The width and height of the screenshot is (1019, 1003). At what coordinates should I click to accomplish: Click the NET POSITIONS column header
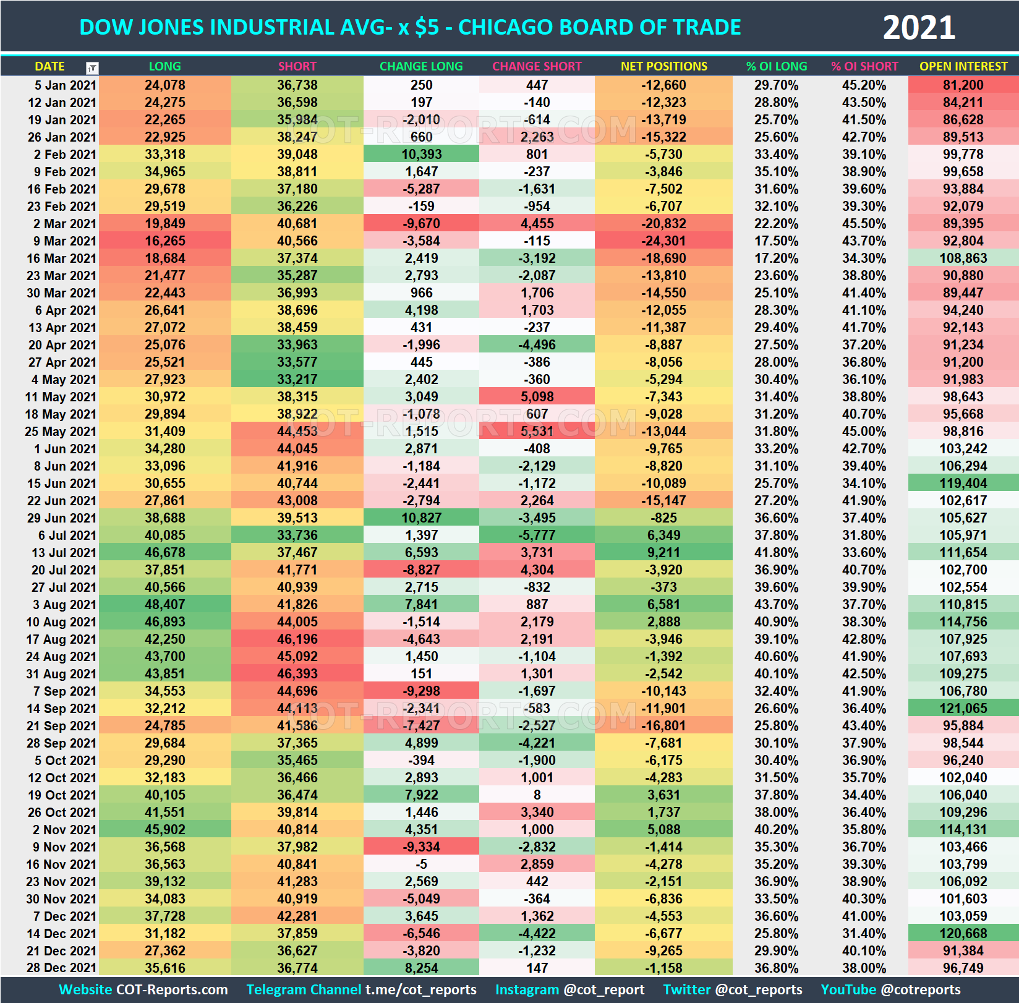[663, 66]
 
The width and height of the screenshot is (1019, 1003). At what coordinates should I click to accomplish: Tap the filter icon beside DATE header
[92, 67]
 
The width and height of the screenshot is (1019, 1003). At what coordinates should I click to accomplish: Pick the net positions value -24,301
[663, 241]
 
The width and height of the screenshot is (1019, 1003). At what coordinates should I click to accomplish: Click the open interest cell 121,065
[963, 709]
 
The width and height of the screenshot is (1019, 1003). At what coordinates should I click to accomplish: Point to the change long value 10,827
[421, 518]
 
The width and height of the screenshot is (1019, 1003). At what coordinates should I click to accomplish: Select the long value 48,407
[164, 605]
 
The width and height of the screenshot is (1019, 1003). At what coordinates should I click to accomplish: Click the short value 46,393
[297, 674]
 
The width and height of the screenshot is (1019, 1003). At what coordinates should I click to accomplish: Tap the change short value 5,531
[537, 432]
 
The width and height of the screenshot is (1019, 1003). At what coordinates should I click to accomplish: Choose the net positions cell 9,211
[663, 553]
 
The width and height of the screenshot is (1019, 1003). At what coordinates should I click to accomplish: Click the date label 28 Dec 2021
[61, 968]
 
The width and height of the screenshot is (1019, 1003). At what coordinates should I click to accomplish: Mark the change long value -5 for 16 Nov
[421, 864]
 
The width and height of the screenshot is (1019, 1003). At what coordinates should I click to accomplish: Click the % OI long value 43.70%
[776, 605]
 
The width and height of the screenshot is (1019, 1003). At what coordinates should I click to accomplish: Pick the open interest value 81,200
[963, 85]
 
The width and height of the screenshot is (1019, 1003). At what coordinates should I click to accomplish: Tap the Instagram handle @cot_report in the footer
[603, 990]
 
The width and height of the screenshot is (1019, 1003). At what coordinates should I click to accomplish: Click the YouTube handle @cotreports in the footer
[921, 990]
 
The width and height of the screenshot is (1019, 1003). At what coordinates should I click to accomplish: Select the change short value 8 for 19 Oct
[537, 795]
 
